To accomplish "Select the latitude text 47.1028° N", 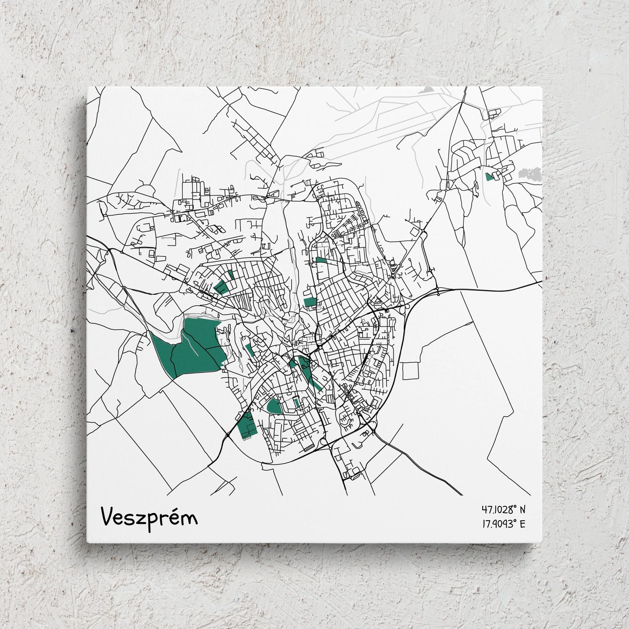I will coord(503,509).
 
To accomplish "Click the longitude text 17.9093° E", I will coord(503,524).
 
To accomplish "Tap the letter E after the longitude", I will coord(522,524).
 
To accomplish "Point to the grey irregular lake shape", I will coord(530,174).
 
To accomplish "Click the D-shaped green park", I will coord(274,406).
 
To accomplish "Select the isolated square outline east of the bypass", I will coord(410,370).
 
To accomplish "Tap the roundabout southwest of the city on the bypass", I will coord(228,435).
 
